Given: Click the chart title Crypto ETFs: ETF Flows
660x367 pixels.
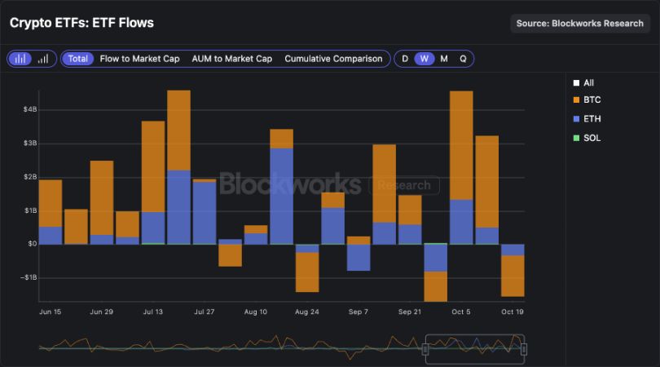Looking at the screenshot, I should click(81, 23).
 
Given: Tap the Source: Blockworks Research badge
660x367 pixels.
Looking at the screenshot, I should click(579, 24).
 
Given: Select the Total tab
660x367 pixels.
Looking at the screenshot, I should click(78, 59).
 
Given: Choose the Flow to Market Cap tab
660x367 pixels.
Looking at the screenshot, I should click(139, 59).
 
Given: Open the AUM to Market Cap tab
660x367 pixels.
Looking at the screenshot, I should click(231, 59).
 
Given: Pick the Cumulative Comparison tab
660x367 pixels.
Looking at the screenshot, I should click(333, 59).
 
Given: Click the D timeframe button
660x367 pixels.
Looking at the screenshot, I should click(405, 59).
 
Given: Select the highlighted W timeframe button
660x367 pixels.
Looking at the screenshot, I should click(425, 59).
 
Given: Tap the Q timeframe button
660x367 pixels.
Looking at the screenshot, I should click(463, 59).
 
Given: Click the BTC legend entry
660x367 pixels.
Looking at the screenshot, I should click(592, 99).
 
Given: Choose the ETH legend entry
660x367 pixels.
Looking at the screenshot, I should click(592, 119).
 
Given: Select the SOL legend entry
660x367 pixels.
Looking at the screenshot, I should click(592, 138).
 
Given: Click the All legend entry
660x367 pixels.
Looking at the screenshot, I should click(588, 82).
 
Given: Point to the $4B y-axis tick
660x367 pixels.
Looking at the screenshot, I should click(29, 109).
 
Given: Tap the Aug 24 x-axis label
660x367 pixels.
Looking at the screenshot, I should click(306, 312).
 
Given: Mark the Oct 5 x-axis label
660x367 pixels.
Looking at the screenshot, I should click(461, 312).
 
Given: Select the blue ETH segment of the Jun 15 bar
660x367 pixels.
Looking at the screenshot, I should click(51, 235).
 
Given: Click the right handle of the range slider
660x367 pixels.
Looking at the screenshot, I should click(524, 349).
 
